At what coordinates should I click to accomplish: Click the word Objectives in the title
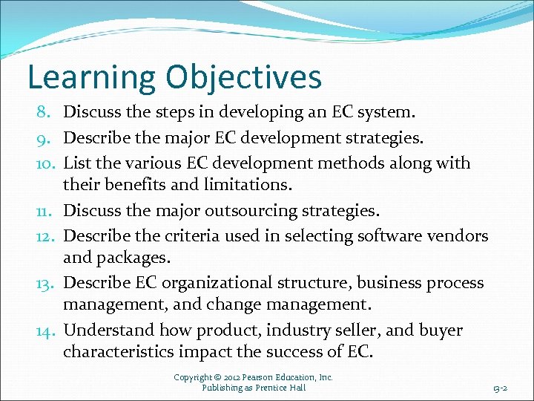click(x=244, y=77)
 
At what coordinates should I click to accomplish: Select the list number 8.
click(x=43, y=113)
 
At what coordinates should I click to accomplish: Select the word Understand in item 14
click(x=108, y=330)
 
